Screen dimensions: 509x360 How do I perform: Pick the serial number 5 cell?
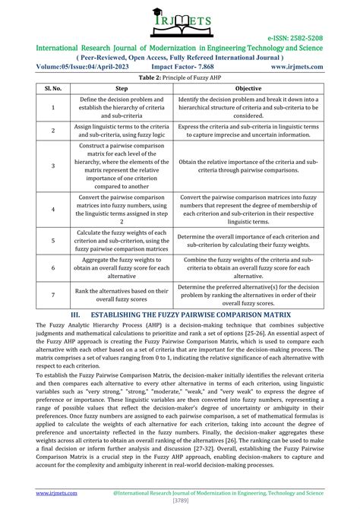pos(52,240)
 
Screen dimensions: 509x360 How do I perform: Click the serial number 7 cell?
pos(52,293)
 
